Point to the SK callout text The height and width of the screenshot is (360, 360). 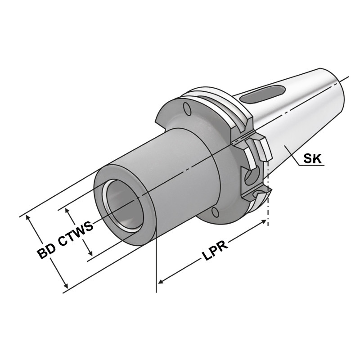(x=313, y=158)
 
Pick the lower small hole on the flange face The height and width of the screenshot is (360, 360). (x=215, y=212)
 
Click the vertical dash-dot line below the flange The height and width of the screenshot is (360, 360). (x=268, y=207)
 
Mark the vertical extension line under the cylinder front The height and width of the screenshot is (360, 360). (x=156, y=265)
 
